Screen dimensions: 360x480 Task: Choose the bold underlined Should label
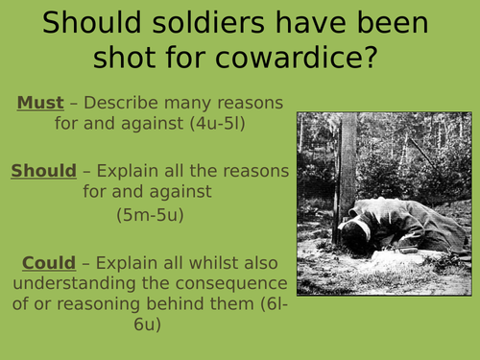coord(43,171)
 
